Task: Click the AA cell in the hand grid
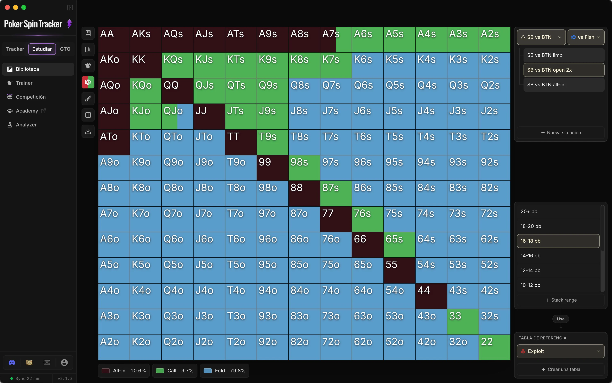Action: tap(114, 39)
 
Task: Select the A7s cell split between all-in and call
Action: tap(336, 39)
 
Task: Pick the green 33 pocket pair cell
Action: tap(463, 322)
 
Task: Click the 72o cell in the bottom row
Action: tap(336, 347)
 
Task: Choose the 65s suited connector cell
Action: tap(399, 245)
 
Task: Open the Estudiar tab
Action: tap(42, 49)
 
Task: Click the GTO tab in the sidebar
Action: tap(65, 49)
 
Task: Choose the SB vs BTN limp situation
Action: tap(564, 55)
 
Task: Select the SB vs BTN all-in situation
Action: tap(564, 85)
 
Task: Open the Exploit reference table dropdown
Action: tap(561, 351)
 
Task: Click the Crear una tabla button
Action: tap(561, 369)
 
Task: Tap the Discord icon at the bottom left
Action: tap(12, 363)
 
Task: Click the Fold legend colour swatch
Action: tap(208, 371)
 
